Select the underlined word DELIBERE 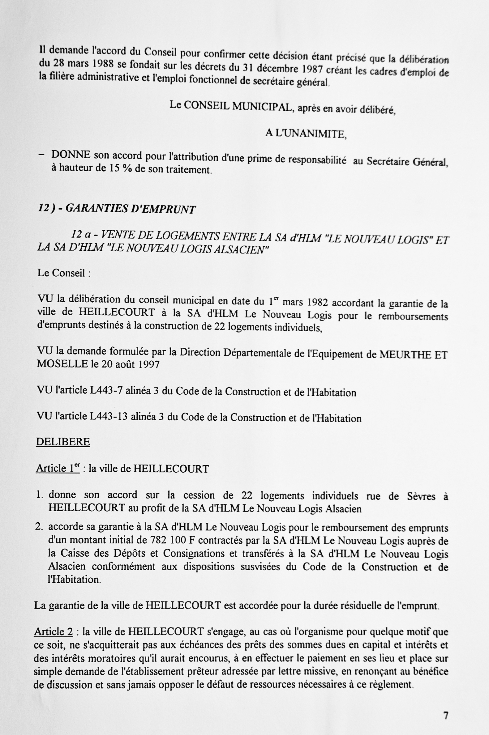pos(63,442)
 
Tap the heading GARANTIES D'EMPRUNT pos(130,208)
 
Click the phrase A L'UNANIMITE pos(306,134)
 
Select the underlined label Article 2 pos(53,631)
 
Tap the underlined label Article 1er pos(58,468)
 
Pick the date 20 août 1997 pos(130,364)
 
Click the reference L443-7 pos(106,391)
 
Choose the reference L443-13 pos(109,417)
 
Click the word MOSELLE pos(62,364)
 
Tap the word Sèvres pos(421,496)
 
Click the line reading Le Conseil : pos(64,273)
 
